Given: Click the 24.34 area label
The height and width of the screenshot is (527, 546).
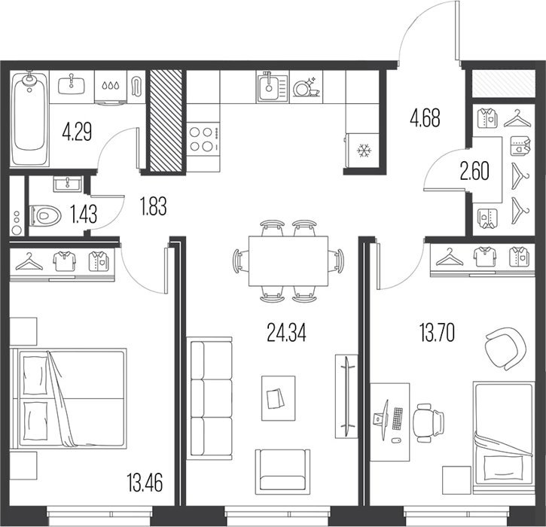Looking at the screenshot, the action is pos(286,333).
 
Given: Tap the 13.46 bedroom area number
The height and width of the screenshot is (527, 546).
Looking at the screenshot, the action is pos(145,483).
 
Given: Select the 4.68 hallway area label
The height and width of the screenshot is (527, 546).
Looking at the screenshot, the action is pos(425,117).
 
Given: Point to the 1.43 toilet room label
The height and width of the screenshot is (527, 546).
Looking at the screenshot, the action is pos(84,214).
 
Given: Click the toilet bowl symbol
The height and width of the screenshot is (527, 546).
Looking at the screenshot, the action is pos(45,216).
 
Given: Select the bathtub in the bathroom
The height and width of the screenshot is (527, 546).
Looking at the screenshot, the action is pos(29,118).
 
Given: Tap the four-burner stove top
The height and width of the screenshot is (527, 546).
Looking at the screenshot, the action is pos(203,139).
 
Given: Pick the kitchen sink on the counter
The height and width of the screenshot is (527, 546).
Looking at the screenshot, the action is pos(273,87).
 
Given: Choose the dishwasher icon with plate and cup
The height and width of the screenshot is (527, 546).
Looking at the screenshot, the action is pos(306,87).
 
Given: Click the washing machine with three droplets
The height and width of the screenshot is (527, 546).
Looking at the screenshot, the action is pos(111,88).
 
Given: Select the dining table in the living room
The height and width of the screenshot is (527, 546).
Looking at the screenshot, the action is pos(288,261).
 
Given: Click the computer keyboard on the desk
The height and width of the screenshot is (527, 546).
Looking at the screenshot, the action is pos(398,419).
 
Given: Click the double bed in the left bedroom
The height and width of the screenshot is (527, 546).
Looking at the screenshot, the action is pos(68,398).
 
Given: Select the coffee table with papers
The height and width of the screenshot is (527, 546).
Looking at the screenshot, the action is pos(278,398).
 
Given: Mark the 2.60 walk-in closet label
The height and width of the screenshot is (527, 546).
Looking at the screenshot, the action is pos(474,171).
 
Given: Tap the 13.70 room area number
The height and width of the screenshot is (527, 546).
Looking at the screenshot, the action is pos(437,333).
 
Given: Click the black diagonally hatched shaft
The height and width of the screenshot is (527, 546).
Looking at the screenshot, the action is pos(166,120).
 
